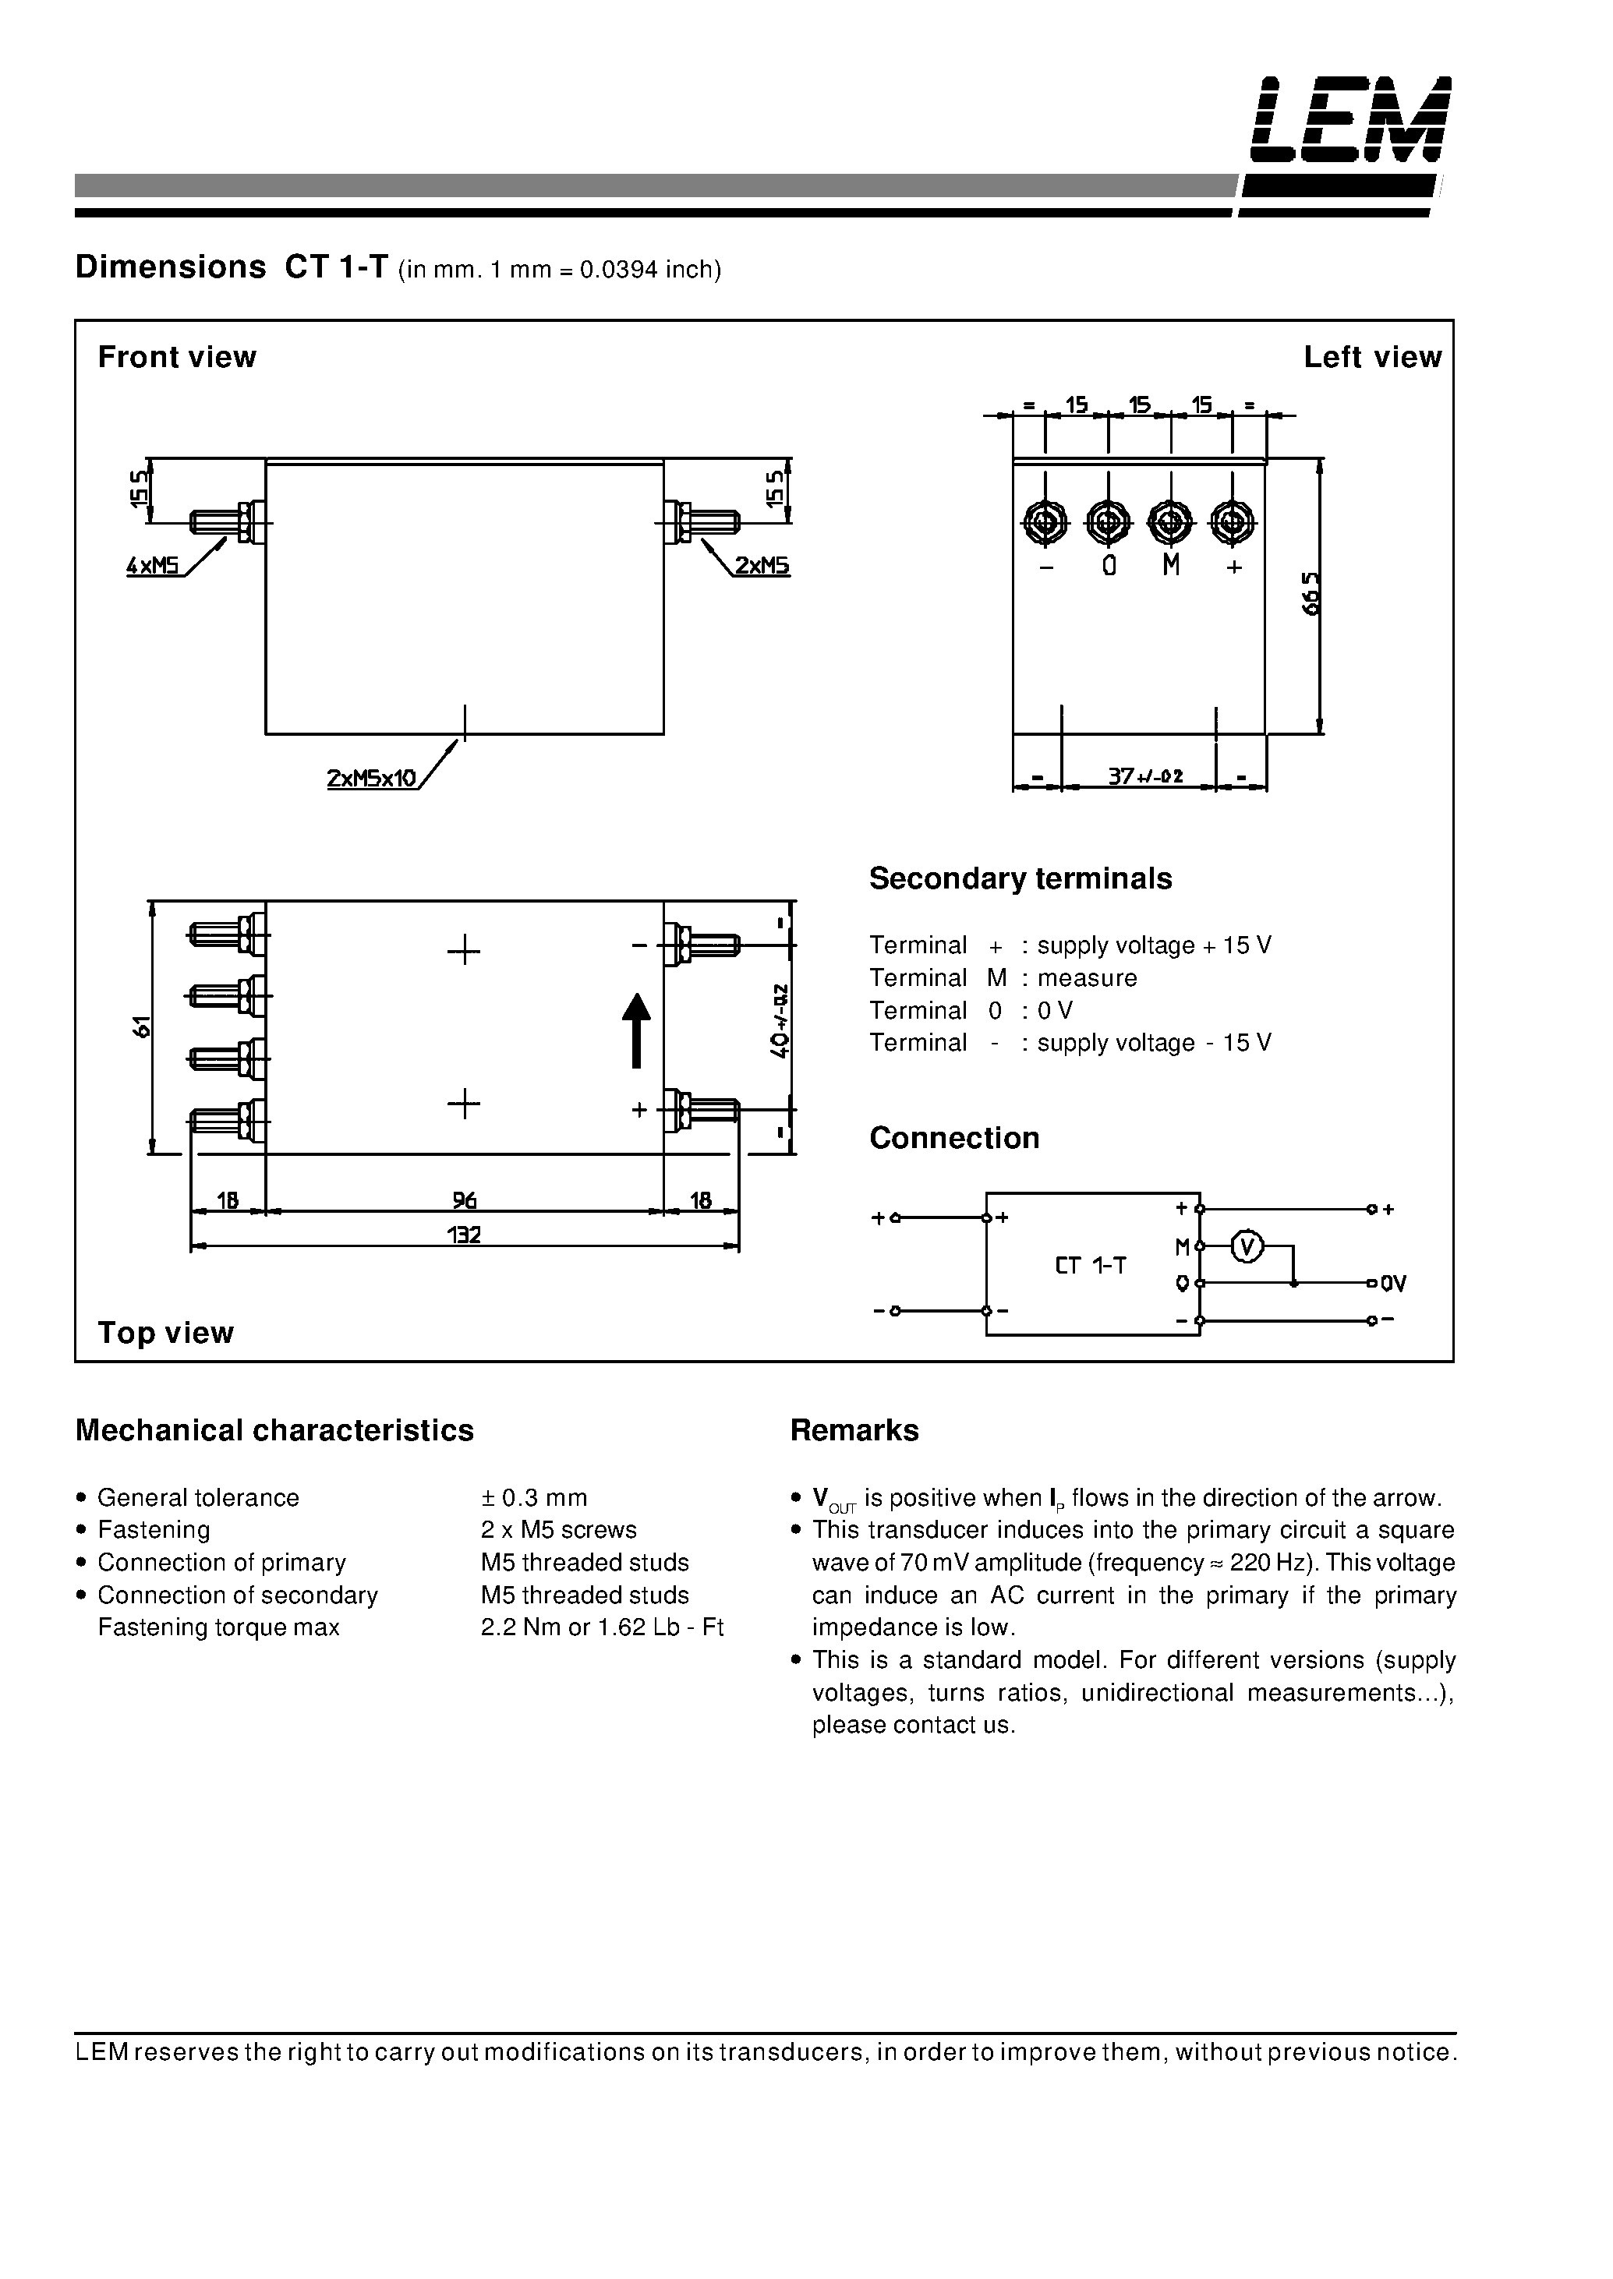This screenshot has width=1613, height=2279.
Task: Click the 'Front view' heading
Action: (177, 358)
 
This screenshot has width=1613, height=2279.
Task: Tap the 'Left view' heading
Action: (1371, 358)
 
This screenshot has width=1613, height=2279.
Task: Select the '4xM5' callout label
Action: (152, 566)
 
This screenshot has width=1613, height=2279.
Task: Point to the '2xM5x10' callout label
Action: (371, 779)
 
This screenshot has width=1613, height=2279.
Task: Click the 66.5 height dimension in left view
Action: (1312, 594)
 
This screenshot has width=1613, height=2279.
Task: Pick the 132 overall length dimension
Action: (464, 1235)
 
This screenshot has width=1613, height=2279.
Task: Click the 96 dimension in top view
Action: (464, 1200)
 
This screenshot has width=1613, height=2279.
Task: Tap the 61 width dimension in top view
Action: (142, 1026)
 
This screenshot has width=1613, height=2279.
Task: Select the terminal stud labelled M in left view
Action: (1171, 521)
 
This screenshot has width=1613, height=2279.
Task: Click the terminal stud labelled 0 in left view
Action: (1109, 521)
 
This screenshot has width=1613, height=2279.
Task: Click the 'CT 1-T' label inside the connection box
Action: (1091, 1265)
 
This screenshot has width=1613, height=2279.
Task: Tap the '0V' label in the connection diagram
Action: (1392, 1284)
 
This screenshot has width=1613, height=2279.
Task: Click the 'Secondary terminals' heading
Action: (1020, 879)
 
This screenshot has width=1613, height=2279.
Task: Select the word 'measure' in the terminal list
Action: (1087, 978)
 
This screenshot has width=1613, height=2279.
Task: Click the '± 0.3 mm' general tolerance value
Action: (534, 1497)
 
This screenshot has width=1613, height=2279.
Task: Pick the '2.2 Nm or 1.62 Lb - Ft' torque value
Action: (602, 1627)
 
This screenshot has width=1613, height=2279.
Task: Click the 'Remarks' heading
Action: (854, 1431)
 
